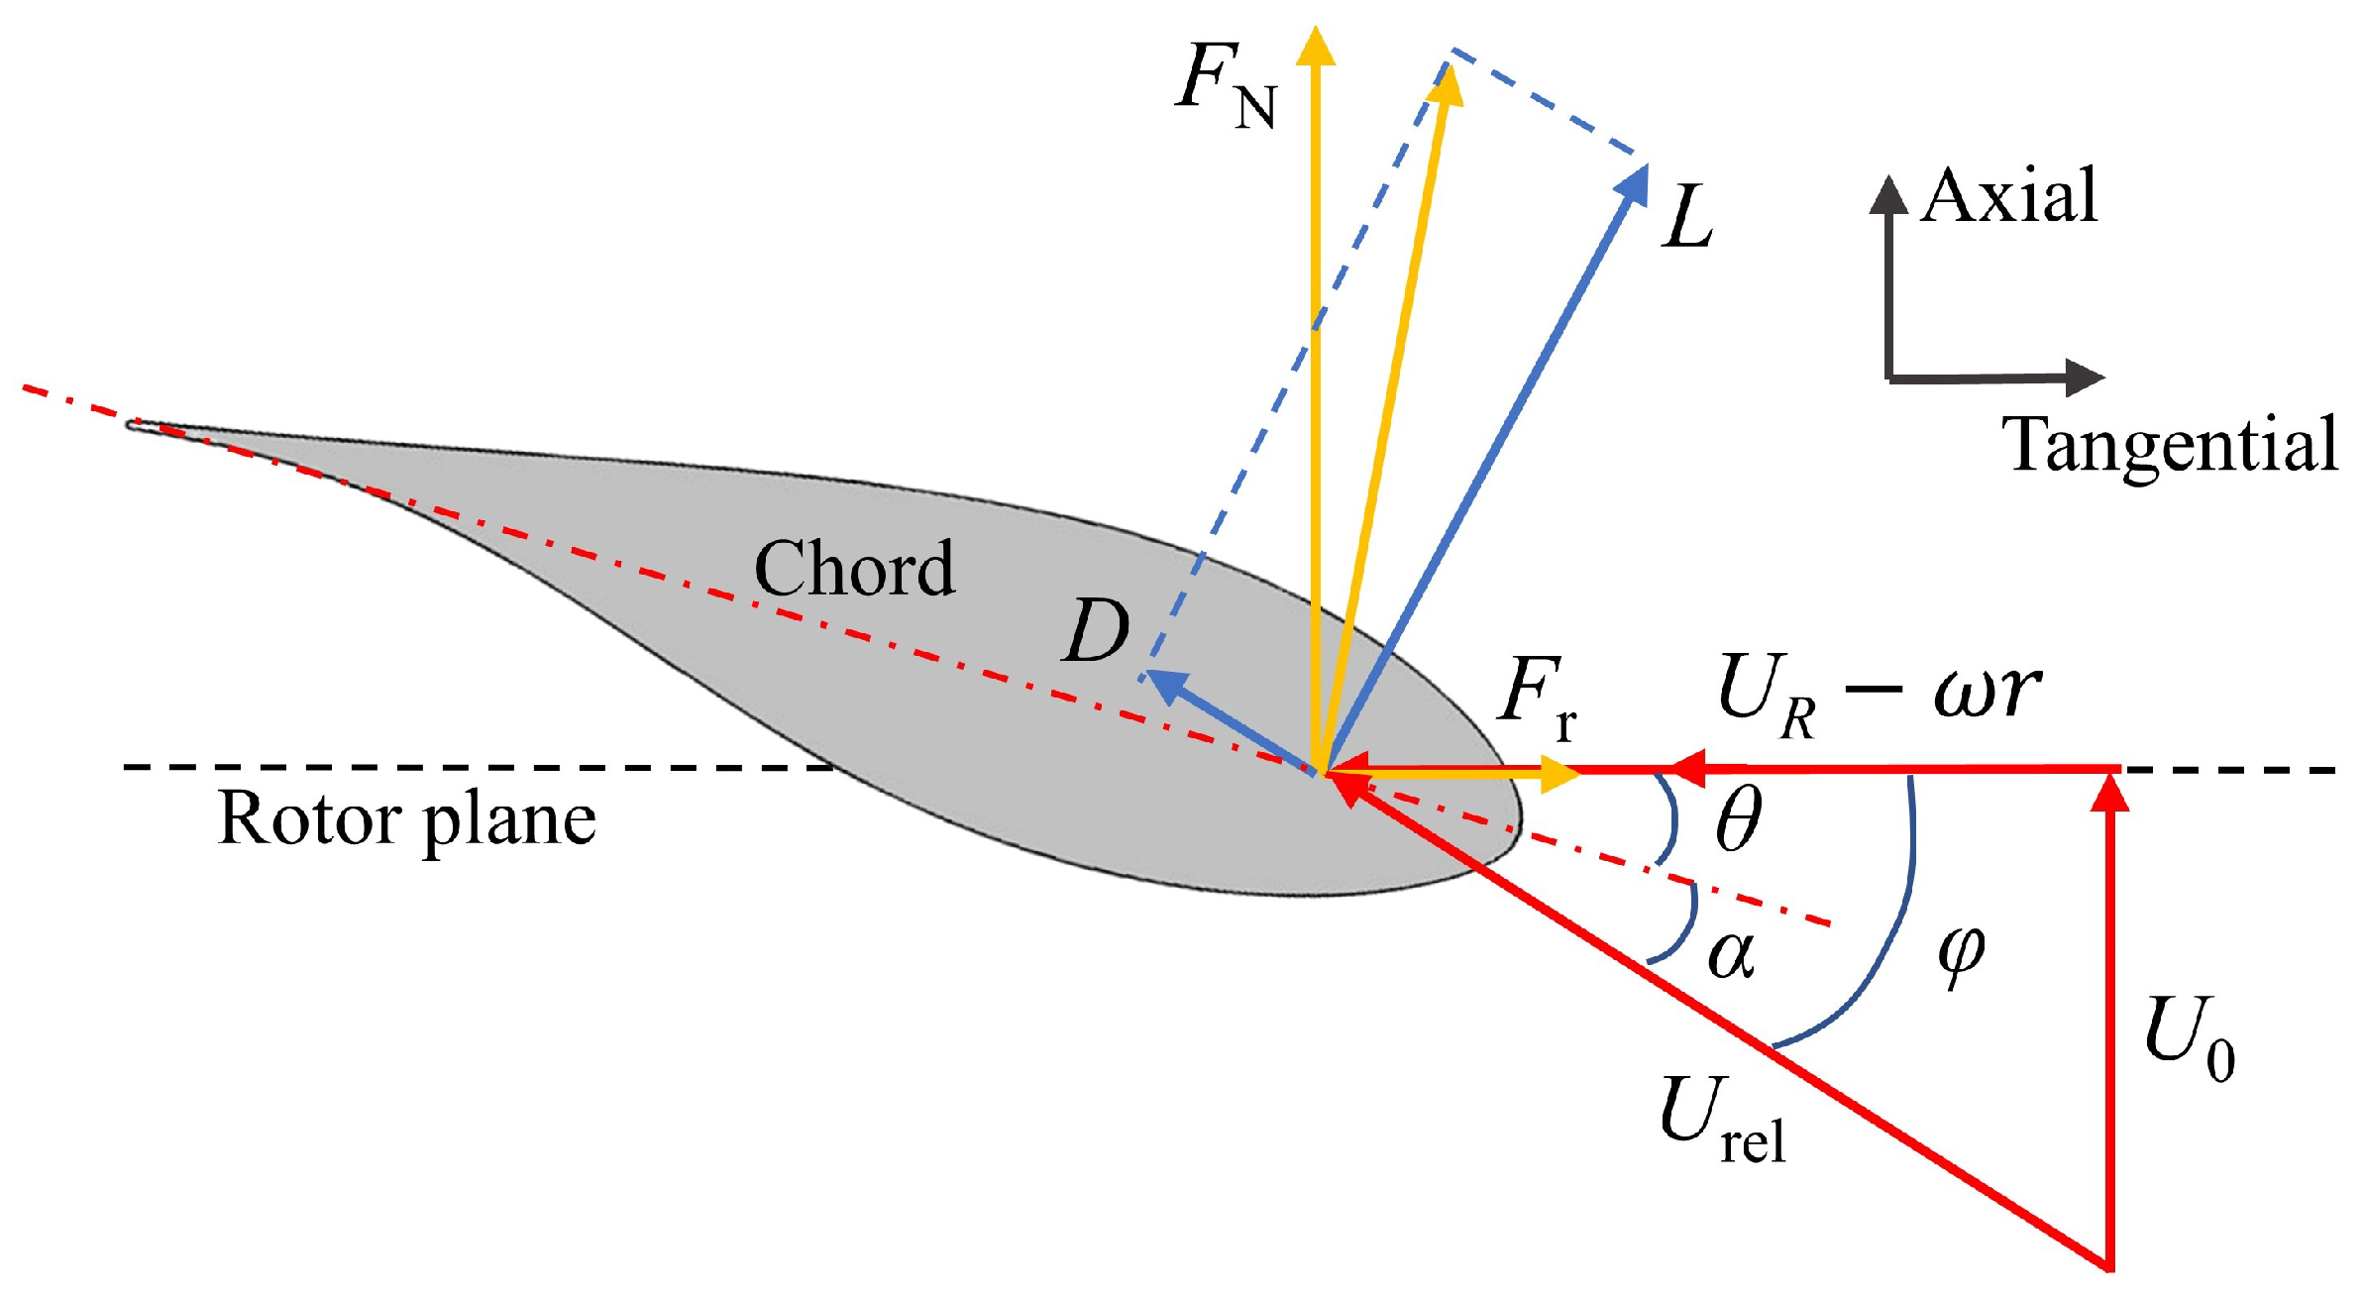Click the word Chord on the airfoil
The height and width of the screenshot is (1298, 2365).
854,570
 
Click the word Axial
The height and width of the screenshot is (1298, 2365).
2008,196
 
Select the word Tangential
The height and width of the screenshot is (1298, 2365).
2170,445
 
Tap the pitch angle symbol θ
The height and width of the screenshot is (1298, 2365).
1738,821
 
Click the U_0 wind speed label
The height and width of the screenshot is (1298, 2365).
2189,1040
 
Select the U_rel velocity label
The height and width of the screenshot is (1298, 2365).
1722,1120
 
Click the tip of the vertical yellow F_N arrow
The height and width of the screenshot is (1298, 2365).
1316,45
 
